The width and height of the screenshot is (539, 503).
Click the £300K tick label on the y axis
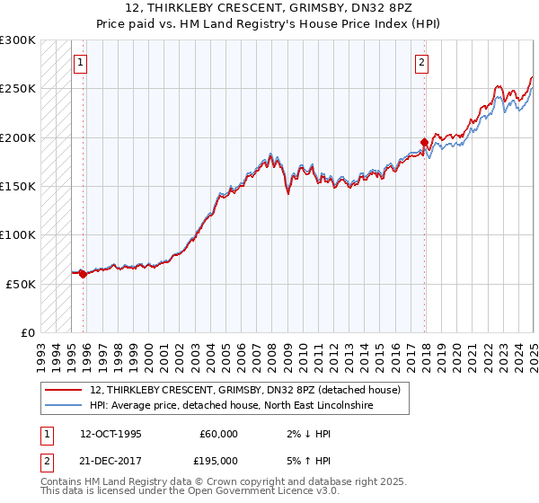18,40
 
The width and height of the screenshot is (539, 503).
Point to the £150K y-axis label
18,187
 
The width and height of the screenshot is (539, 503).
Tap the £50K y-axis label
22,284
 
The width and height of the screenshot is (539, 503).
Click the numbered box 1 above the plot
81,63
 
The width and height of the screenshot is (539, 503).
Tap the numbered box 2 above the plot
421,63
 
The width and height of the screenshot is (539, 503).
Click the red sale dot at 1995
84,274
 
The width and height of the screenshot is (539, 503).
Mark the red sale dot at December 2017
425,142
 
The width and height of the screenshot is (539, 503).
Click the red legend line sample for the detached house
64,390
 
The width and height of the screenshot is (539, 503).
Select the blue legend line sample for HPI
64,406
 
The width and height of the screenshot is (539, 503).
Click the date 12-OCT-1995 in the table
110,434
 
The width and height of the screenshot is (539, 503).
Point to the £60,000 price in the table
217,434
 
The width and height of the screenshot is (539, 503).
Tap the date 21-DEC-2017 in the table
110,460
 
